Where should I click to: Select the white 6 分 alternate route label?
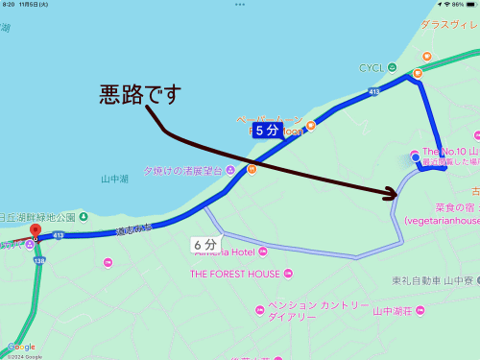tap(204, 244)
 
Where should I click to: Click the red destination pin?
tap(36, 230)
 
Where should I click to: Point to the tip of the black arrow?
tap(397, 194)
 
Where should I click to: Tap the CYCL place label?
tap(370, 68)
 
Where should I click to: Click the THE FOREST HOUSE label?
tap(234, 274)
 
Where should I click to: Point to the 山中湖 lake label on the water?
tap(113, 178)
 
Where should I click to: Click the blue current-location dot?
tap(415, 156)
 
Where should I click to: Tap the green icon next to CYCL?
tap(393, 68)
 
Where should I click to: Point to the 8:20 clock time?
tap(10, 5)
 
